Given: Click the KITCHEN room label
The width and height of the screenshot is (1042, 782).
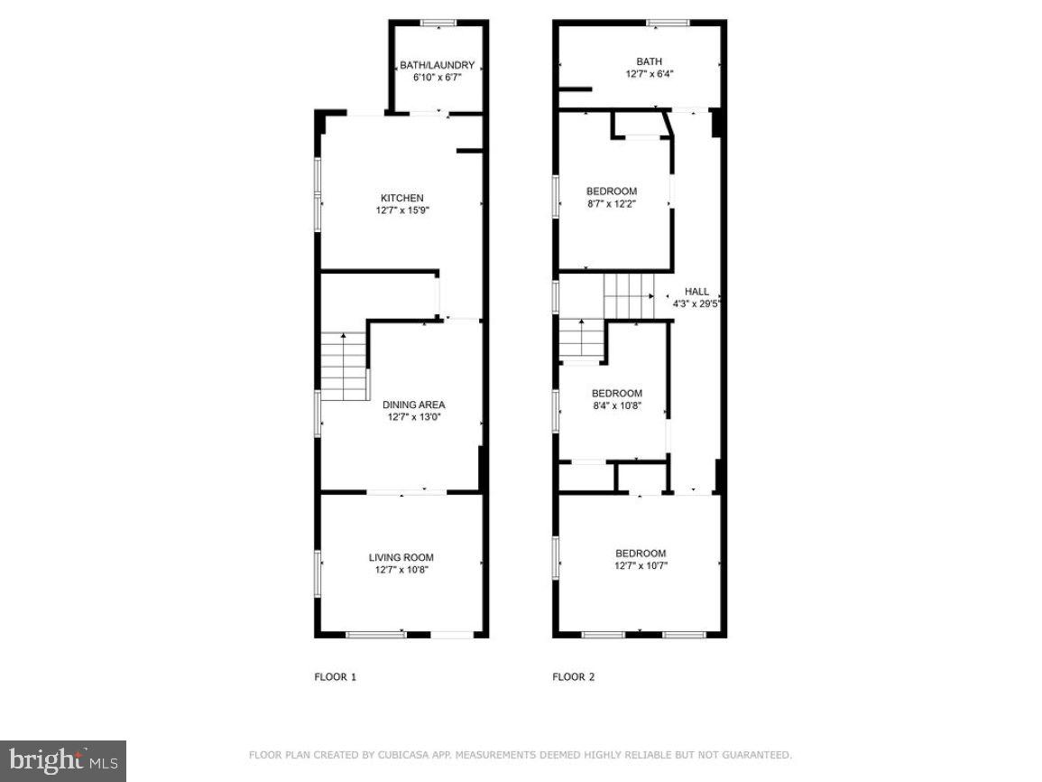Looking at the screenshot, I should [401, 198].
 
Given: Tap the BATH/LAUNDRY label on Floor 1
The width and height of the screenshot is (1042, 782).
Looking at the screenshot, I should [438, 65].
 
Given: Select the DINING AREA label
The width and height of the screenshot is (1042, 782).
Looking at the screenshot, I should [414, 405].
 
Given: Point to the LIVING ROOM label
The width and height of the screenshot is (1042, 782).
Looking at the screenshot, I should [401, 557].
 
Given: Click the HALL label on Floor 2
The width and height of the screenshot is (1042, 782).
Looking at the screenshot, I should [696, 292].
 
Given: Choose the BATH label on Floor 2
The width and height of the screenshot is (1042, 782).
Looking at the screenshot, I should [649, 61].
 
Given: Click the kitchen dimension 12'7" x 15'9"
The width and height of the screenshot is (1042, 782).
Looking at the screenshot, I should [401, 210].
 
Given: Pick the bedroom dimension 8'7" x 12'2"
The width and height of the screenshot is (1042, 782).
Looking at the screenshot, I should [612, 204].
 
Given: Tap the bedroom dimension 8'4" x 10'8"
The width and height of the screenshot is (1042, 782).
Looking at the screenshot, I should [616, 405].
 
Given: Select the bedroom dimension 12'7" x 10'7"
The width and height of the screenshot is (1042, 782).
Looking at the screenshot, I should [641, 566].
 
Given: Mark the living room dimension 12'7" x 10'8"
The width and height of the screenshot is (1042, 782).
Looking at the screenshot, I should [401, 570].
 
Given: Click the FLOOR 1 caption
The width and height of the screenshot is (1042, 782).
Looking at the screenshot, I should [335, 676].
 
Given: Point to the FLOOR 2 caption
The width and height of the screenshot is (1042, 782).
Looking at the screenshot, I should [573, 676].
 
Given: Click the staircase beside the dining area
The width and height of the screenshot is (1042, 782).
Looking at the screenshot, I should [344, 366].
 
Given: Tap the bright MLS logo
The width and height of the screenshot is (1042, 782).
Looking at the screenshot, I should [62, 760].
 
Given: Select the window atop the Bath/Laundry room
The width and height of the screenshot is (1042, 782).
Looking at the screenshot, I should [438, 23].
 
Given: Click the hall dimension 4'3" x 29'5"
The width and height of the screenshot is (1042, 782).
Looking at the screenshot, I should [696, 304].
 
